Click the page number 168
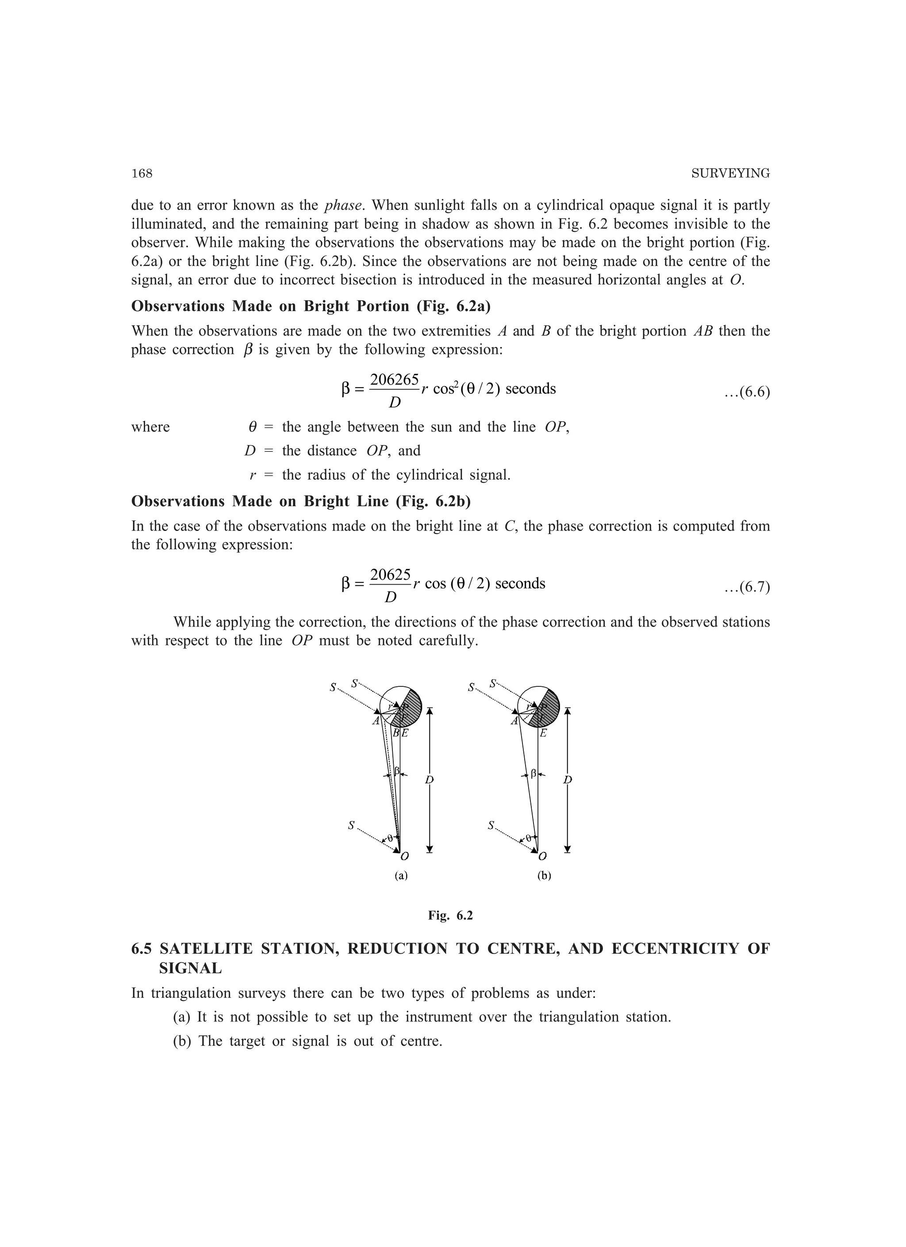tap(142, 174)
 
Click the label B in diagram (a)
tap(396, 733)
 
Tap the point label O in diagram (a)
tap(405, 856)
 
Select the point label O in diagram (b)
tap(543, 856)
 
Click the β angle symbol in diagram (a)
tap(396, 771)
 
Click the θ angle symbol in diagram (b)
tap(528, 838)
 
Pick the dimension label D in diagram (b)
tap(568, 780)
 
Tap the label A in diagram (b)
tap(514, 721)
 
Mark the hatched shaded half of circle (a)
tap(414, 709)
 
